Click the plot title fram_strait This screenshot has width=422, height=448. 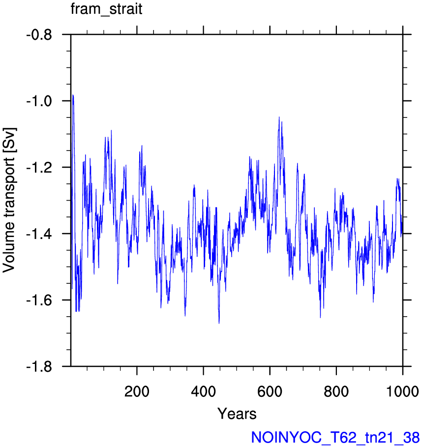click(x=106, y=9)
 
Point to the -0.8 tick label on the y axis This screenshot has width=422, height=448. click(x=39, y=35)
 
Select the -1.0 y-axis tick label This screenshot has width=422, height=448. click(x=39, y=101)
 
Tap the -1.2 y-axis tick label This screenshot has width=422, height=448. click(x=39, y=168)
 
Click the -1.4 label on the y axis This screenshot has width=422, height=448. click(x=39, y=234)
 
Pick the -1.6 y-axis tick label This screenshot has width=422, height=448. click(x=39, y=300)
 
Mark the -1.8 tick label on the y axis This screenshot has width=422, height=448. click(x=39, y=367)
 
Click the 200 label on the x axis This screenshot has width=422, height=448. click(x=137, y=391)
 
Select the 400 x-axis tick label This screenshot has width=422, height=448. click(x=204, y=391)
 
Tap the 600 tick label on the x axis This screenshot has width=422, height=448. click(x=270, y=391)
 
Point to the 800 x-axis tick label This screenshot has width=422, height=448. click(x=336, y=391)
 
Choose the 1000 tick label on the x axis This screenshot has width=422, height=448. click(x=402, y=391)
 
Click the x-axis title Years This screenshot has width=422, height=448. click(x=237, y=414)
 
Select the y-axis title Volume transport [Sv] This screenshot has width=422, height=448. click(x=9, y=200)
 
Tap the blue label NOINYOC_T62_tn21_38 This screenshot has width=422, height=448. click(x=335, y=437)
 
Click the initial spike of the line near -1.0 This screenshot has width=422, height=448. click(x=73, y=95)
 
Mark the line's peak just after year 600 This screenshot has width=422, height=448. click(x=279, y=117)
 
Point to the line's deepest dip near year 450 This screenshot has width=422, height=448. click(x=219, y=323)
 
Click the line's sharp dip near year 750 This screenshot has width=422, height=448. click(x=320, y=317)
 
